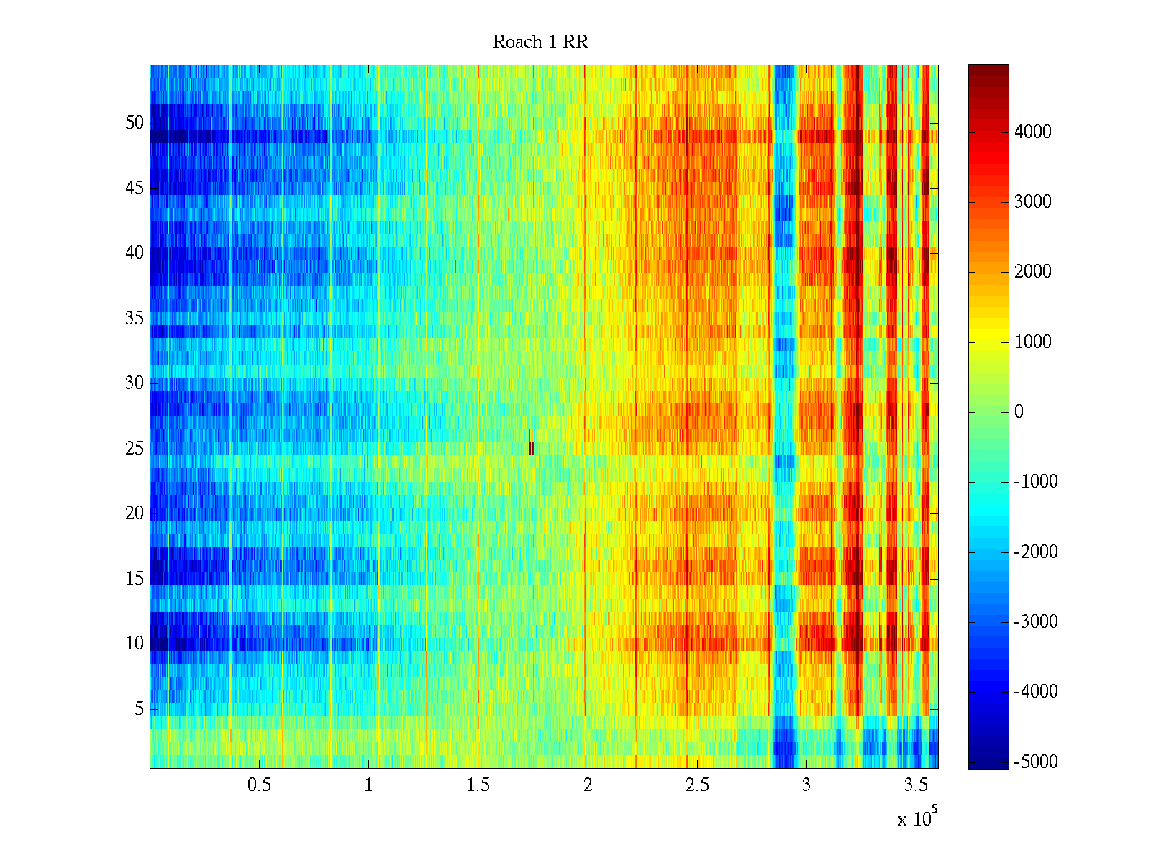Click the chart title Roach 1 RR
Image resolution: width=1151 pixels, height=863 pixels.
point(540,42)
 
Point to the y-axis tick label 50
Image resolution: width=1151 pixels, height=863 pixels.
point(135,123)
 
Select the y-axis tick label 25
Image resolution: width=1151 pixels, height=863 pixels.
point(135,449)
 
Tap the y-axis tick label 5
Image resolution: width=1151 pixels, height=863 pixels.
point(139,709)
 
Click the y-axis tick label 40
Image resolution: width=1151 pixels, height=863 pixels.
point(135,253)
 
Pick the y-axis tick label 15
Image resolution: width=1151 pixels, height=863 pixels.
point(135,579)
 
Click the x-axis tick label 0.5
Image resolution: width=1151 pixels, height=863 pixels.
point(259,785)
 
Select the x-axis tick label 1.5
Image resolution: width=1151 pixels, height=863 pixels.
point(478,785)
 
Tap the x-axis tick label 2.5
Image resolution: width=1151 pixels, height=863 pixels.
point(696,785)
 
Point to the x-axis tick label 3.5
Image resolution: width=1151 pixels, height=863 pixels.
point(916,785)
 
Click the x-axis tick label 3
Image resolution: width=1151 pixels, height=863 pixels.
point(806,785)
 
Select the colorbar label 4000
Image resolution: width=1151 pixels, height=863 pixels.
point(1032,132)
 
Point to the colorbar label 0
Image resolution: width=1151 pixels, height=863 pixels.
point(1019,412)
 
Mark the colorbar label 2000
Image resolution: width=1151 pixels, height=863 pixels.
point(1032,272)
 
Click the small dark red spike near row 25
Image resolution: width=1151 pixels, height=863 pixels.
point(531,447)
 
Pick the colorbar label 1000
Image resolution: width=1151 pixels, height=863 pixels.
point(1032,342)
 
